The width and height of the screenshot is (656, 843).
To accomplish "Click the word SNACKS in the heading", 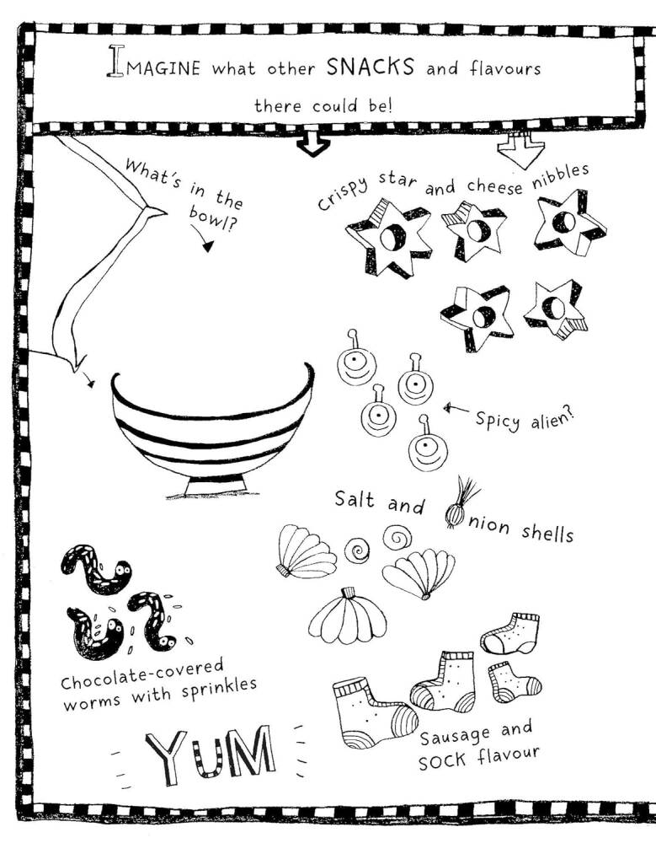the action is (371, 67).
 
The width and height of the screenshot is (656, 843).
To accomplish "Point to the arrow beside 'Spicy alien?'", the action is (456, 411).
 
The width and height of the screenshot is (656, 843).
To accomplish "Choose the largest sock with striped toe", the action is (374, 712).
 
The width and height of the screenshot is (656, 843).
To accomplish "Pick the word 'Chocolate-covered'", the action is (141, 674).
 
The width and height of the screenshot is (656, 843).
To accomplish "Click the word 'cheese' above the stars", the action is (494, 185).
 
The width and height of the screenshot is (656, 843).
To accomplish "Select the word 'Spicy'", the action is (498, 421).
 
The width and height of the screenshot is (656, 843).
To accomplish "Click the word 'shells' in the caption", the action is (547, 533).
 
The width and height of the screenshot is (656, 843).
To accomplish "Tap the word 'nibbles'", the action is (560, 175).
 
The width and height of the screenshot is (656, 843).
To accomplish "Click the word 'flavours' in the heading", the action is (505, 69).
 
